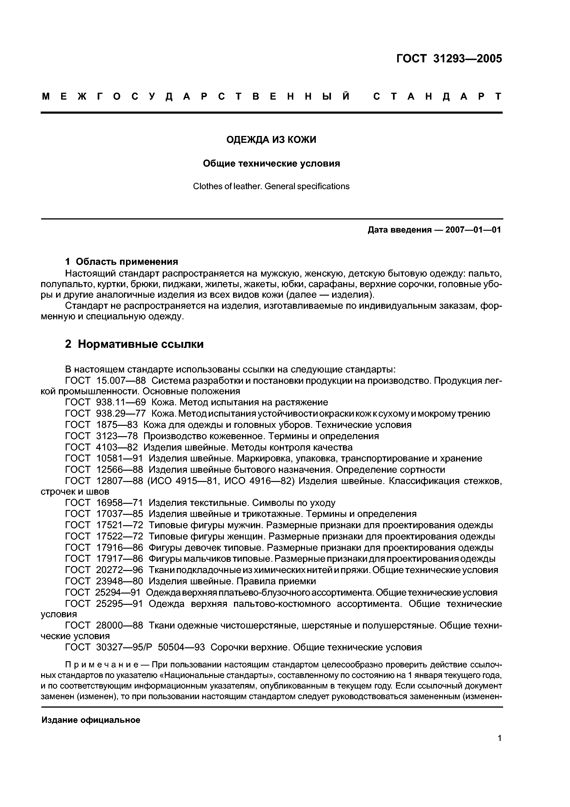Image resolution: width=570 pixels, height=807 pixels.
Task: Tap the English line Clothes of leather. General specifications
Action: pos(271,186)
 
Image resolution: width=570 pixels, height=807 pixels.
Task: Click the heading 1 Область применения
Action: pos(122,262)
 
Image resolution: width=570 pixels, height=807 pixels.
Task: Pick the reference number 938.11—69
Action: pos(121,402)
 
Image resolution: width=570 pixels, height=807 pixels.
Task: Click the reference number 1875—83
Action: pos(117,425)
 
